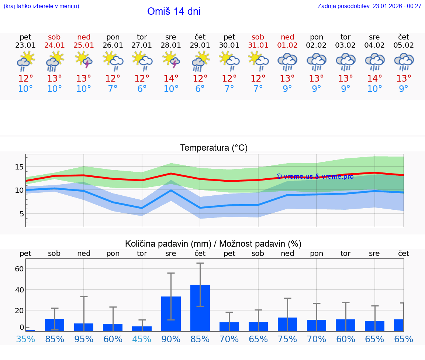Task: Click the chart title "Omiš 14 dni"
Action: tap(174, 11)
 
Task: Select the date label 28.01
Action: tap(171, 45)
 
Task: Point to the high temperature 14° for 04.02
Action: tap(374, 79)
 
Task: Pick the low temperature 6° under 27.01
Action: tap(142, 89)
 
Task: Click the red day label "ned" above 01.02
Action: tap(287, 37)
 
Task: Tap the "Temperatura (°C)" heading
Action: tap(214, 148)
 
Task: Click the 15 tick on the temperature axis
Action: tap(19, 167)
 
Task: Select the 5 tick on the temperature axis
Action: tap(21, 214)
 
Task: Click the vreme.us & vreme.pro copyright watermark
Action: tap(315, 176)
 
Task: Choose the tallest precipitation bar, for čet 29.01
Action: tap(200, 308)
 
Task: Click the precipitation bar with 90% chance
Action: tap(171, 314)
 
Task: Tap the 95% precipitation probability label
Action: tap(84, 339)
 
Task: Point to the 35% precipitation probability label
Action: tap(25, 339)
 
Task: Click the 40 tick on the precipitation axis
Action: tap(19, 289)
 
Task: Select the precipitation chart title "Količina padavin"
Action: tap(213, 244)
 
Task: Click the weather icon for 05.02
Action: tap(404, 61)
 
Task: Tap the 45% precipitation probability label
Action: tap(142, 339)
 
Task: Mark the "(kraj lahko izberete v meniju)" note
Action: tap(41, 6)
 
